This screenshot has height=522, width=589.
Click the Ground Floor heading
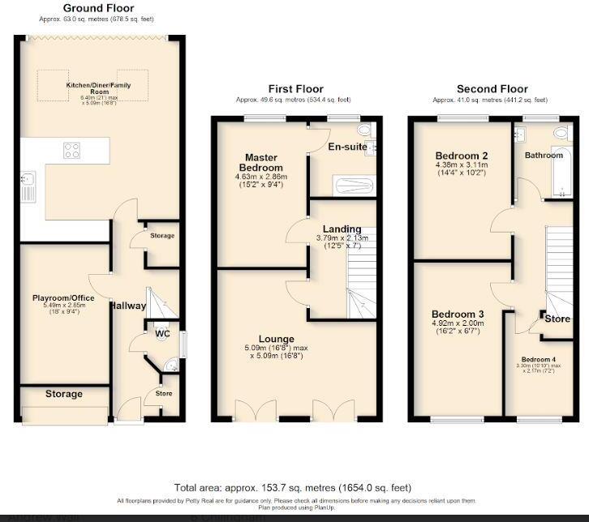98,8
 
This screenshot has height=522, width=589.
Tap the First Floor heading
295,89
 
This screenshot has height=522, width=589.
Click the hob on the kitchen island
71,150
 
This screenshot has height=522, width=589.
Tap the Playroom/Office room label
63,298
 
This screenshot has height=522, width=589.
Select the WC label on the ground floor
161,332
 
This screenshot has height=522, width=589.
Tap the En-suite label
344,148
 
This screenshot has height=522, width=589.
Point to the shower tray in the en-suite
341,185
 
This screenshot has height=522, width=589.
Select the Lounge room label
277,339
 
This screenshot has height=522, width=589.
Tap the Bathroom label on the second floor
543,155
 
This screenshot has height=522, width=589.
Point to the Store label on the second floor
557,319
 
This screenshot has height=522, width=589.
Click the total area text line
293,488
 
